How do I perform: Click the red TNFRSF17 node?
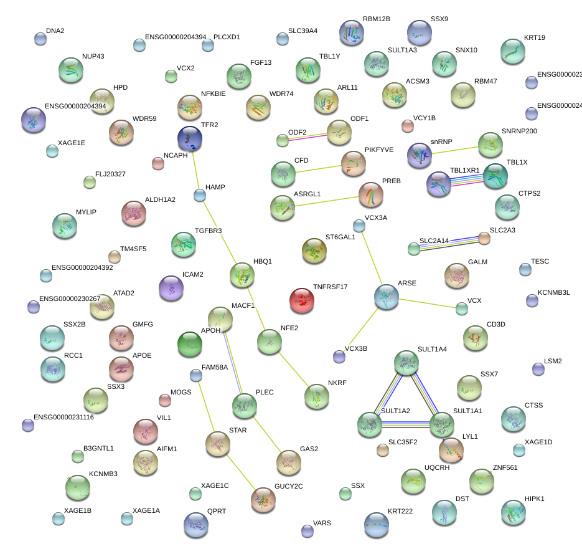coord(302,300)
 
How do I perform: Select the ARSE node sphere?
coord(387,297)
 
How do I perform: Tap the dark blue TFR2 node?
coord(189,138)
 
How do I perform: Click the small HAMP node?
coord(200,196)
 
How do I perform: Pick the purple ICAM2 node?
coord(171,288)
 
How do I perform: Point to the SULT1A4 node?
coord(406,363)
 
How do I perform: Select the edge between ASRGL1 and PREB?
coord(327,202)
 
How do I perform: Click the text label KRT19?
coord(534,37)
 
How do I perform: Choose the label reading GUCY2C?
coord(288,486)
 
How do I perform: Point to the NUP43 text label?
coord(93,56)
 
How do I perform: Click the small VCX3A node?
coord(359,225)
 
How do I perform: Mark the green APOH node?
coord(189,344)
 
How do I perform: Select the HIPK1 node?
coord(513,512)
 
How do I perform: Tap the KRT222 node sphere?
coord(376,525)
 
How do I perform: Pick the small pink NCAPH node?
coord(158,164)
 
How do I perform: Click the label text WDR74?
coord(281,94)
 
